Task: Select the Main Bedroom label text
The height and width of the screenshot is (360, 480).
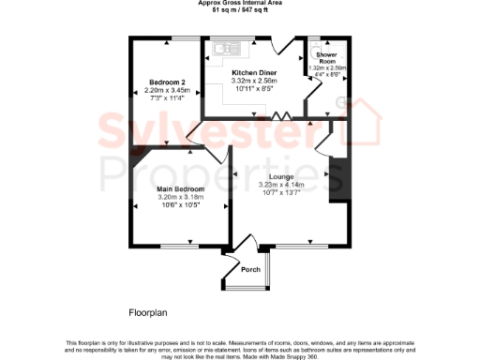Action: click(x=181, y=189)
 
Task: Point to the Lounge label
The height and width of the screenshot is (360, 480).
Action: click(x=281, y=176)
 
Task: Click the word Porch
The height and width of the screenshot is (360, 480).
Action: click(x=250, y=270)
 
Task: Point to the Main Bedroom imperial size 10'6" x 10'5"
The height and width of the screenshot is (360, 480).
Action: click(x=181, y=205)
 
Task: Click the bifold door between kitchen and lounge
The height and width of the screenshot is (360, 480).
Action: click(x=280, y=117)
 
